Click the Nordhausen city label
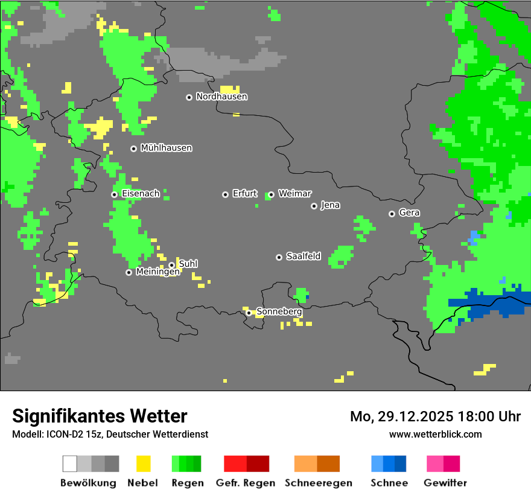[x=221, y=97]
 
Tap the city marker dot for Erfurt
[x=225, y=194]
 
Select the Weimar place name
[x=294, y=194]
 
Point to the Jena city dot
[x=314, y=206]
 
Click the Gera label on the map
[x=409, y=213]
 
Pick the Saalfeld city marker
[x=279, y=257]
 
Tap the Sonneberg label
[x=279, y=312]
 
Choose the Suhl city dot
[x=171, y=265]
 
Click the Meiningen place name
[x=157, y=272]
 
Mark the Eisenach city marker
[x=114, y=194]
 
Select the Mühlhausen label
[x=166, y=148]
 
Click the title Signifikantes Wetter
[x=100, y=416]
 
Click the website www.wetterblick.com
[x=435, y=435]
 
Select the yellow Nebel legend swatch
[x=143, y=464]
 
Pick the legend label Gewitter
[x=445, y=483]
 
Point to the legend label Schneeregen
[x=319, y=483]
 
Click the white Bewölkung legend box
[x=70, y=464]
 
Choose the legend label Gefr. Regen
[x=246, y=483]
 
